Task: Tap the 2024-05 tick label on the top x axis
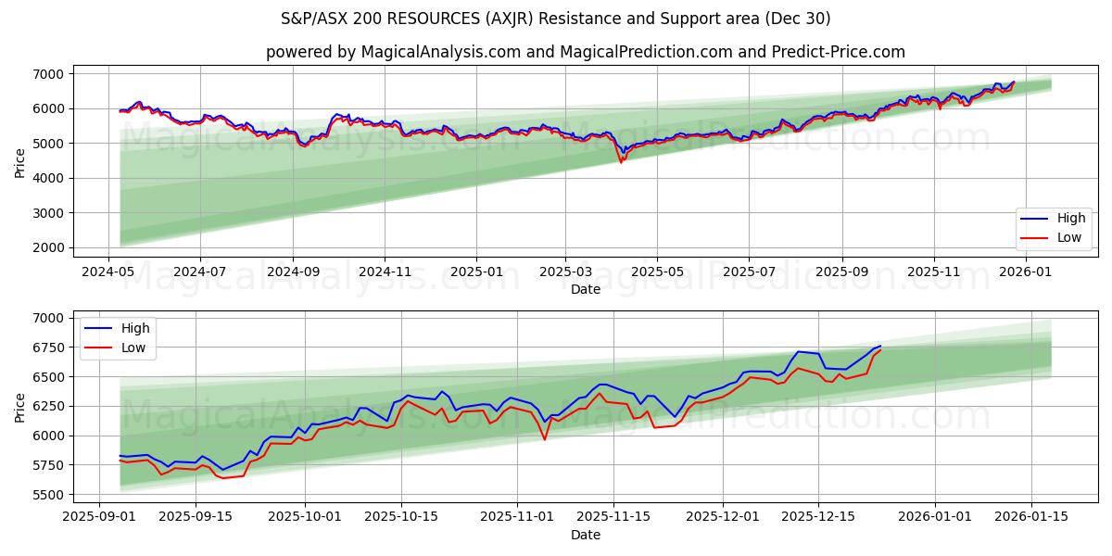(109, 272)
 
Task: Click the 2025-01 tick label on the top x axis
(475, 272)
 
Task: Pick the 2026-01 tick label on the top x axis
(1026, 272)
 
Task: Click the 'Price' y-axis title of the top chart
(20, 161)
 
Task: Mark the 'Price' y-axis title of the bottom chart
(20, 406)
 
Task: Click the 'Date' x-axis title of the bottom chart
(585, 535)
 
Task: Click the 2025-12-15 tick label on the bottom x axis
(817, 517)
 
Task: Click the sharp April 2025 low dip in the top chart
(621, 162)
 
